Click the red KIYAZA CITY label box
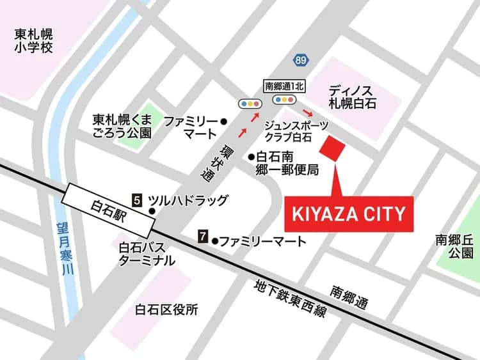pos(349,214)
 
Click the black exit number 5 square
pos(137,200)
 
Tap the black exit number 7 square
pos(203,237)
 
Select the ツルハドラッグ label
pos(188,200)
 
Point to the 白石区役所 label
pos(166,309)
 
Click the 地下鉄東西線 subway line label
pos(290,299)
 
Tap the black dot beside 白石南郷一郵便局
pos(252,155)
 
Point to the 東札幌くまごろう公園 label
pos(122,126)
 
